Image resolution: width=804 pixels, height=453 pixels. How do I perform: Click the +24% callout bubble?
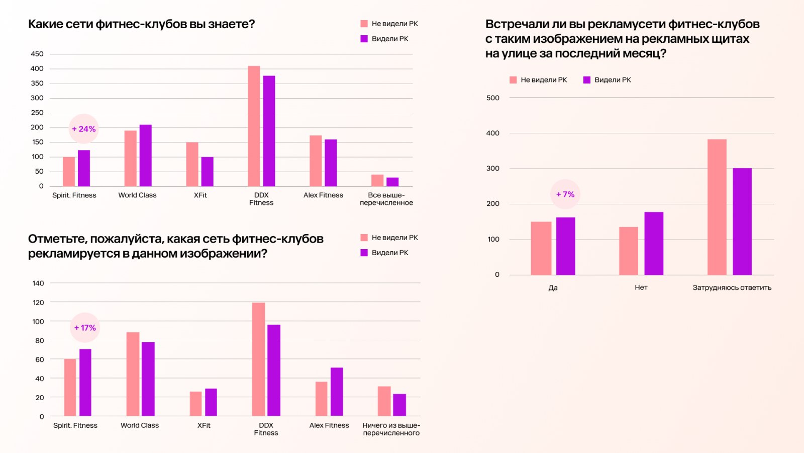pos(84,129)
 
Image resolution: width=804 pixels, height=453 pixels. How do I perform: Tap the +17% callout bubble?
pos(85,328)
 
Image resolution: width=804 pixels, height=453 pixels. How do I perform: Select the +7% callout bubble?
pos(565,194)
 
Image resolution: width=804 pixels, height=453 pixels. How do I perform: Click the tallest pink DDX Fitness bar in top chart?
pos(254,126)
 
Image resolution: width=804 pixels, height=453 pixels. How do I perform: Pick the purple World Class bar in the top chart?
pos(146,156)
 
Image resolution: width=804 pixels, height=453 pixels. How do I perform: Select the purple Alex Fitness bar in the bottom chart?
pos(337,392)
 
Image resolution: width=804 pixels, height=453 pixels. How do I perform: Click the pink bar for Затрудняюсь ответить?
pos(717,207)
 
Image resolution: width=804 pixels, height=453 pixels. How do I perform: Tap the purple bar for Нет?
pos(654,243)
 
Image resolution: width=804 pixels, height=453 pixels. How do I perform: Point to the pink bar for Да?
pos(541,248)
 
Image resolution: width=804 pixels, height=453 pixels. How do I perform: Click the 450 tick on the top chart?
pos(37,54)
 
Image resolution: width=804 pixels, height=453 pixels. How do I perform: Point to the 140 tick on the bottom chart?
pos(38,283)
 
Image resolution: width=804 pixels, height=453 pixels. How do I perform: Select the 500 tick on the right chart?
pos(493,98)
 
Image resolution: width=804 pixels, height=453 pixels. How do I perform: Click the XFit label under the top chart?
pos(200,195)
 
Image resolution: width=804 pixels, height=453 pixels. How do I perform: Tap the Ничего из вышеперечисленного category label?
pos(391,429)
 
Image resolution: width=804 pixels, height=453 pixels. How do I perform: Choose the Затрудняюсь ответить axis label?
pos(732,288)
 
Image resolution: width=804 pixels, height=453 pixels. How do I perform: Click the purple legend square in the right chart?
pos(586,80)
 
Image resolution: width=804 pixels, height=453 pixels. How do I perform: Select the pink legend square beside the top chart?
pos(364,24)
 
